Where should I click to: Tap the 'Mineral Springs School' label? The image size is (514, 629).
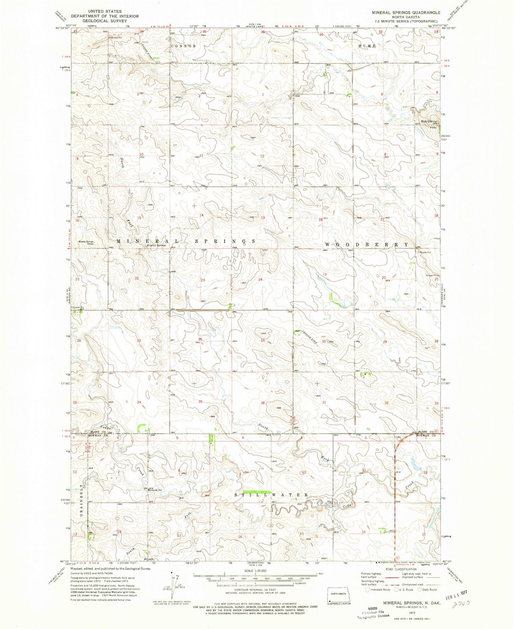(x=86, y=243)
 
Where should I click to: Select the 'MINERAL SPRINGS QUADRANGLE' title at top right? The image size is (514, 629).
(x=406, y=12)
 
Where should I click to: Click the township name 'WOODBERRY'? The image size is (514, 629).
(x=367, y=245)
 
